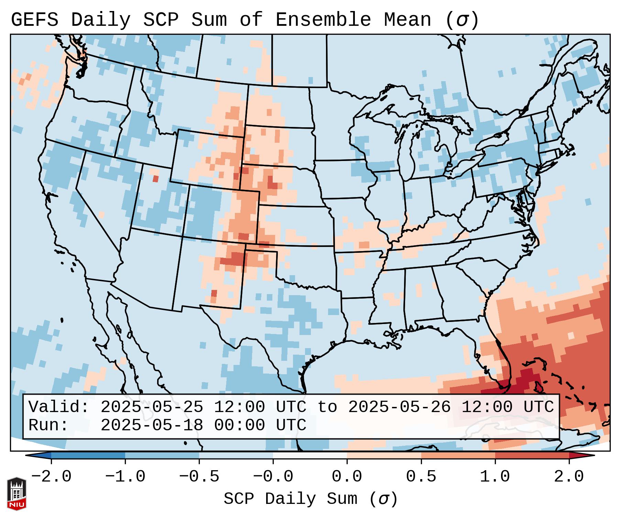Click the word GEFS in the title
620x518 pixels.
tap(34, 20)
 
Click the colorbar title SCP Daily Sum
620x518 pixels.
tap(291, 499)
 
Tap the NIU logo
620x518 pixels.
tap(17, 494)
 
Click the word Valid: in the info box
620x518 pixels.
tap(59, 407)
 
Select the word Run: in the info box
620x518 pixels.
tap(48, 425)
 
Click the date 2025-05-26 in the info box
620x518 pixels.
tap(399, 407)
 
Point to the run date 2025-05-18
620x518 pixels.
tap(152, 425)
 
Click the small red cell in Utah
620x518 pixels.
tap(155, 179)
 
